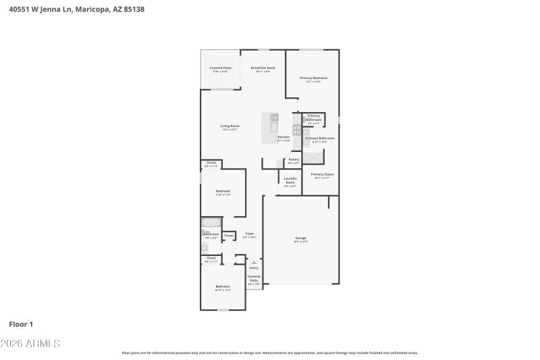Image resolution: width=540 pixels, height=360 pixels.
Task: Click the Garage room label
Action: point(300,238)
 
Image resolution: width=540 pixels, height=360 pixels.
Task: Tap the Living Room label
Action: point(230,126)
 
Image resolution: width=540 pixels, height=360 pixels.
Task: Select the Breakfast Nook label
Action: point(263,68)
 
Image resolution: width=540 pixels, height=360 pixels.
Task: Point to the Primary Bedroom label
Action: point(313,78)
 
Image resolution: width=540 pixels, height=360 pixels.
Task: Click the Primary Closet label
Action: point(322,174)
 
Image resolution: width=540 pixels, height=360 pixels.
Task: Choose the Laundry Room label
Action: point(290,181)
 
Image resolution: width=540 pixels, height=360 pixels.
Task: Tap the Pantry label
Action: point(294,159)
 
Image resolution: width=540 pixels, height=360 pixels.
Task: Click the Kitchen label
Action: point(283,137)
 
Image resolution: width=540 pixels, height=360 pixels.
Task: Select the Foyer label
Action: point(249,234)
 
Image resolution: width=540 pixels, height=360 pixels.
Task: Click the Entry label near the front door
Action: point(254,267)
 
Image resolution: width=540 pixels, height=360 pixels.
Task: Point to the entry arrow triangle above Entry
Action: point(254,261)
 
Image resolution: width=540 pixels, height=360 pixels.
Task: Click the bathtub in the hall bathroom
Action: point(211,222)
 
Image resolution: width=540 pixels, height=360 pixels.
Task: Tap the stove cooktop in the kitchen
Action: point(296,129)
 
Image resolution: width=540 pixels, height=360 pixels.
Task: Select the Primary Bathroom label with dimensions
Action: point(320,138)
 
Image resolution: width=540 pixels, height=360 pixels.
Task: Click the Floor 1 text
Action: point(21,324)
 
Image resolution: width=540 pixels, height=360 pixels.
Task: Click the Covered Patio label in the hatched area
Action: point(220,68)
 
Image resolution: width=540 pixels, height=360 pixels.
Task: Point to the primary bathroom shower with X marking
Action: point(313,157)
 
